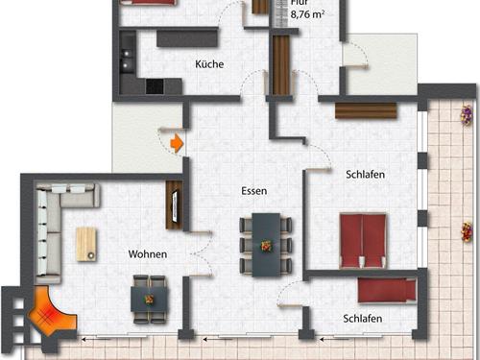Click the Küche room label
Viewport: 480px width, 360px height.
point(209,64)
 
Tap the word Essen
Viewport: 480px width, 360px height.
point(253,191)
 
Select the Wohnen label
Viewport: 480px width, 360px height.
point(148,254)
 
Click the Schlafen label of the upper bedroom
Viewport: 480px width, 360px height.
point(366,174)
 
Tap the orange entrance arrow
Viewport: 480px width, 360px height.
point(176,143)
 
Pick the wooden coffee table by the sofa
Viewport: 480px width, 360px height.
point(85,244)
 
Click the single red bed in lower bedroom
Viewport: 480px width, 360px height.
point(386,289)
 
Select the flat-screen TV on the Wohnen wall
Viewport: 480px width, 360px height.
point(175,204)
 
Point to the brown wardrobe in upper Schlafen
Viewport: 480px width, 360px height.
point(365,111)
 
